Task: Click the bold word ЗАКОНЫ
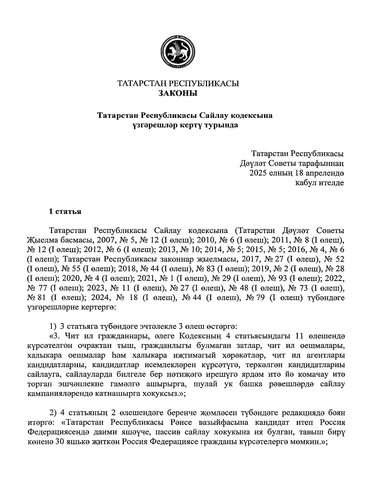[178, 93]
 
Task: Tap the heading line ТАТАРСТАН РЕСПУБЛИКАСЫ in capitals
[178, 83]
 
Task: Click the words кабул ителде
[320, 183]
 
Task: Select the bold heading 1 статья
[65, 211]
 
